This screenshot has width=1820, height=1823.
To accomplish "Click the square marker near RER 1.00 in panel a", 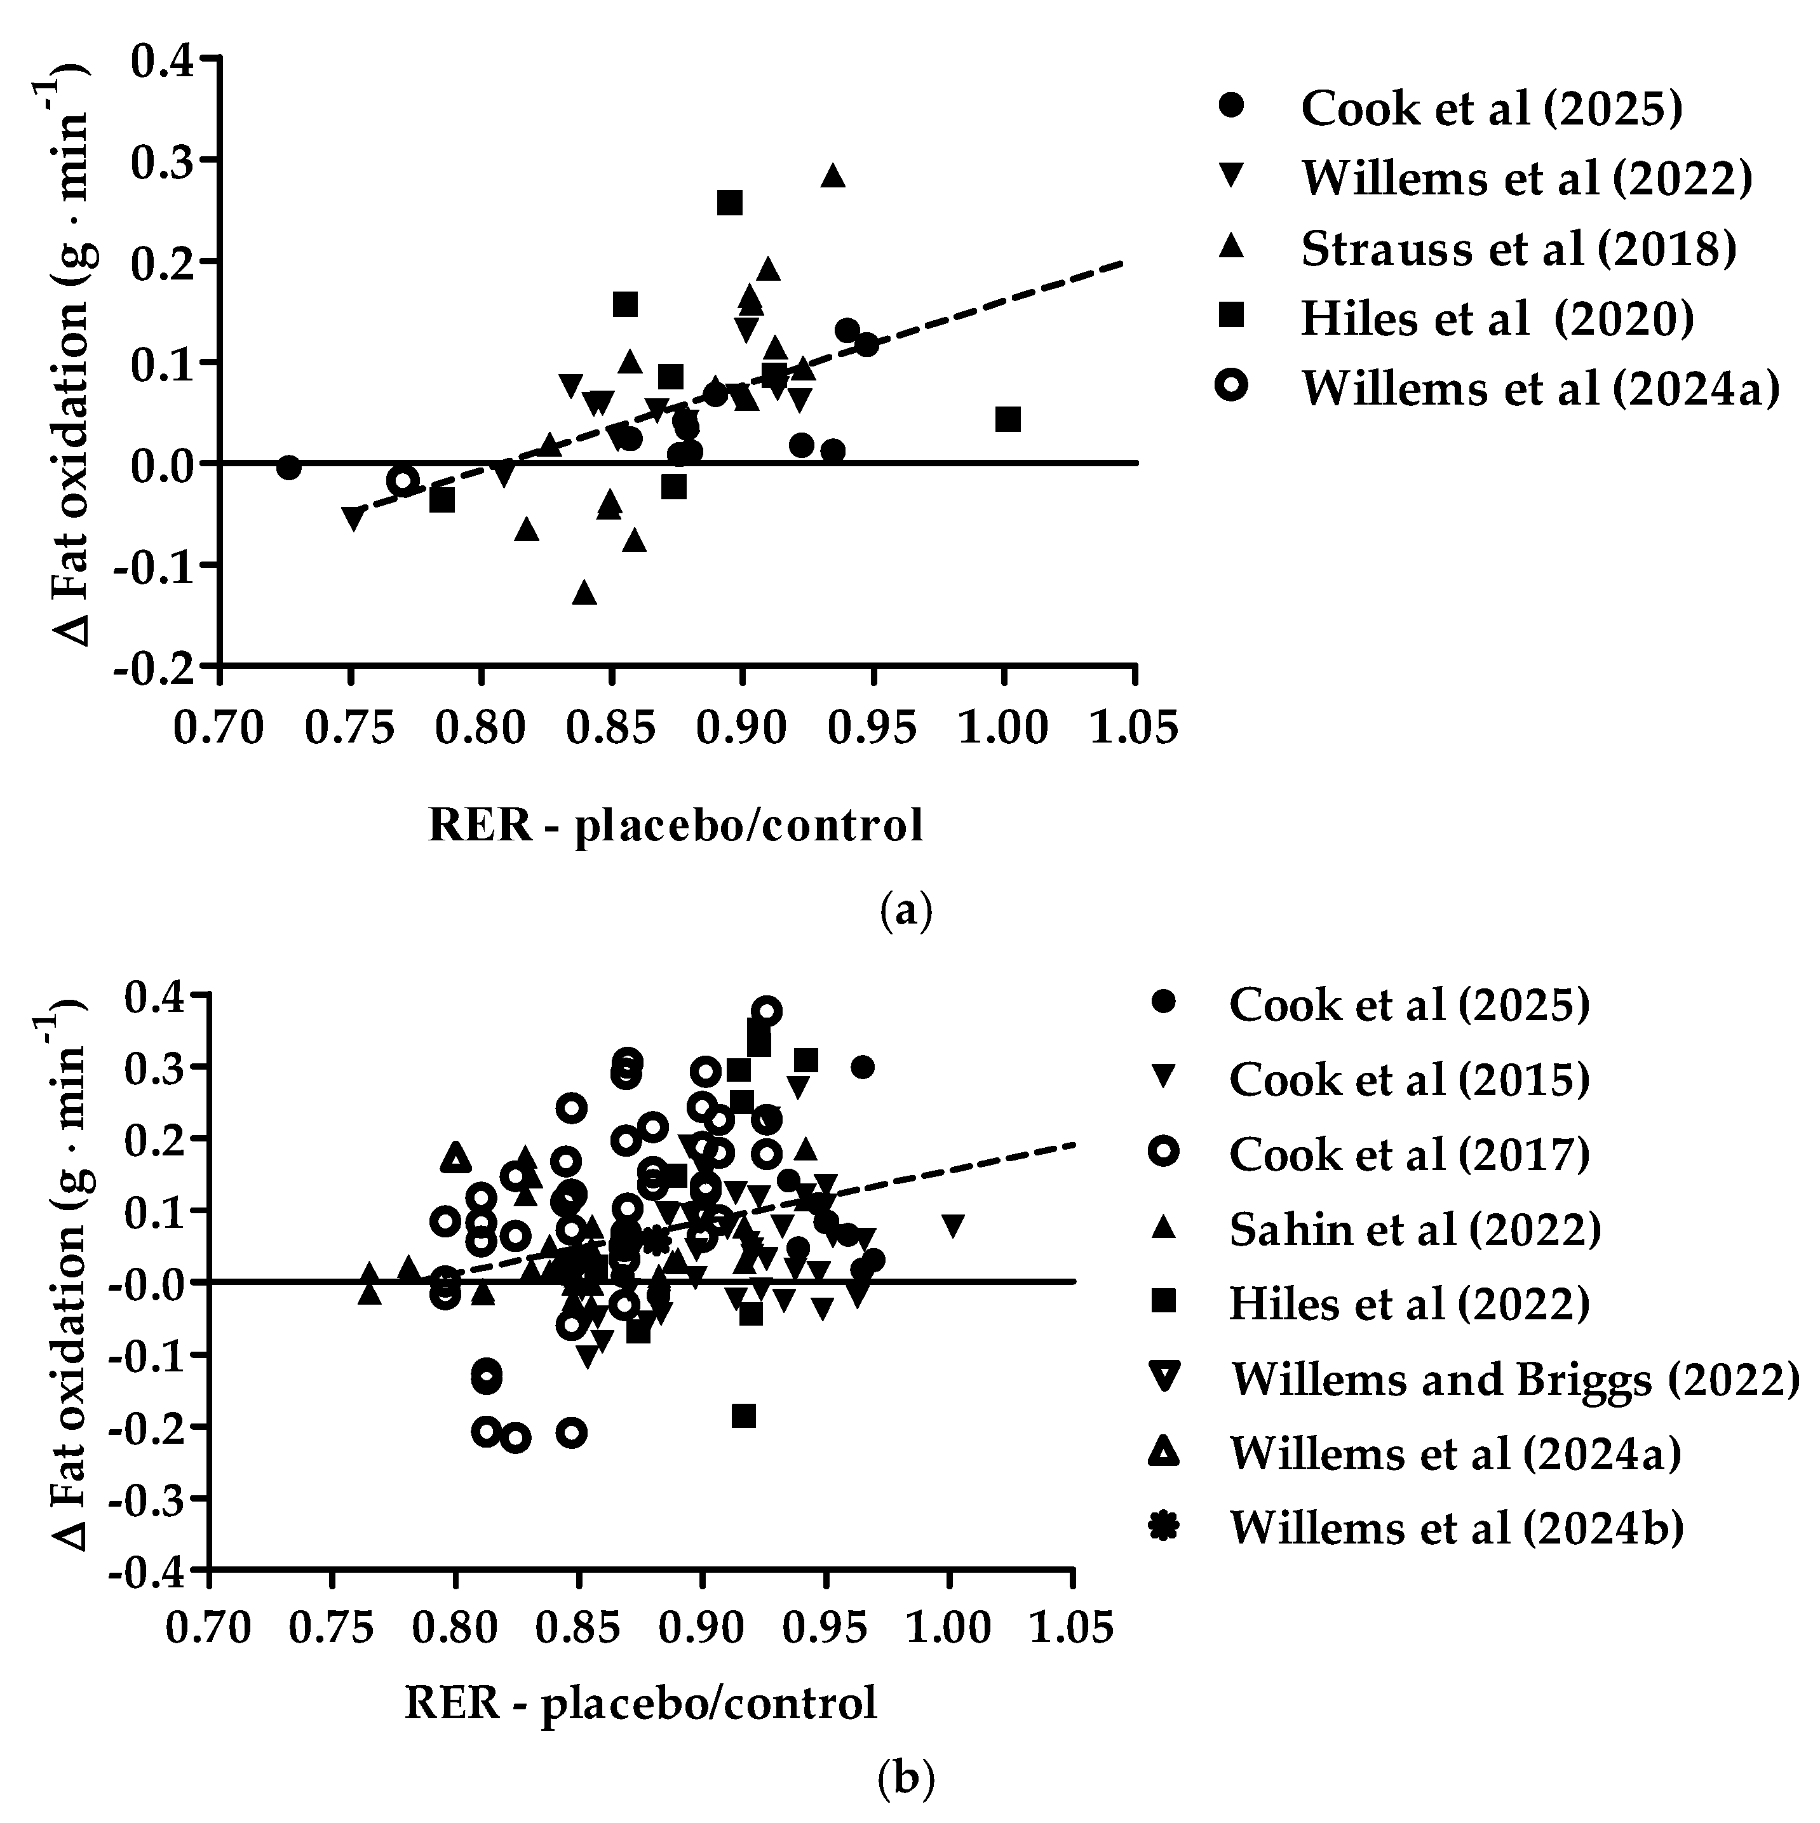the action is tap(1008, 419).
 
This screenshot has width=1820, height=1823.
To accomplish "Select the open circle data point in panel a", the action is tap(403, 480).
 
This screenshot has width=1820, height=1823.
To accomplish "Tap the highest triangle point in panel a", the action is tap(832, 175).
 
